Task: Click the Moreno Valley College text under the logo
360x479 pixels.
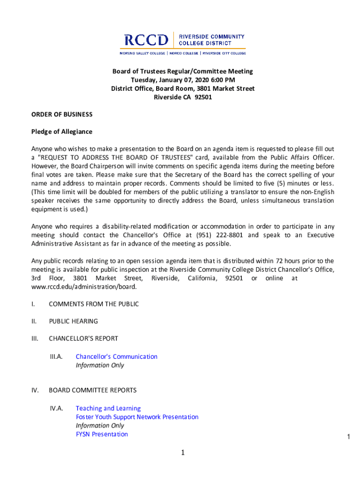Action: (x=143, y=53)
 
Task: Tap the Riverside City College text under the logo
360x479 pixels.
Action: (x=224, y=53)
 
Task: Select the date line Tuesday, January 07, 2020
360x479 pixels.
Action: (x=183, y=80)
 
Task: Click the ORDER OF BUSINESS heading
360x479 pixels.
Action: (x=62, y=115)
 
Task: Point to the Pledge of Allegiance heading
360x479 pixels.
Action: (x=62, y=132)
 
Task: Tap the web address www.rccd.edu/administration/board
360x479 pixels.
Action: (x=84, y=287)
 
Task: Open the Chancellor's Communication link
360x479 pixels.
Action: (x=116, y=356)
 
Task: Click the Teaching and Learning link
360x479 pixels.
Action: (x=108, y=408)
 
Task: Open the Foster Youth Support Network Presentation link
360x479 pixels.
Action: (x=137, y=417)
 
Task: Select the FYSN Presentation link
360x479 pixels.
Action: (x=101, y=434)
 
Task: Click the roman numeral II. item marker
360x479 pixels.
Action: (x=34, y=321)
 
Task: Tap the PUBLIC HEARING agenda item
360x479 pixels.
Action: (x=73, y=321)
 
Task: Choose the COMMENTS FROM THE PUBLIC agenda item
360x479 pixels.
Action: (x=94, y=304)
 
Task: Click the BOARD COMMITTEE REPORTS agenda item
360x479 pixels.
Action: (x=93, y=390)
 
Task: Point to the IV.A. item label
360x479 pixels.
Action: (x=57, y=408)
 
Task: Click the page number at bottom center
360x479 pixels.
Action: (x=183, y=453)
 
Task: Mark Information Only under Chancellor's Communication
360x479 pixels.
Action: (x=100, y=365)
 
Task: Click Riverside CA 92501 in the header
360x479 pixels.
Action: (x=183, y=97)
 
